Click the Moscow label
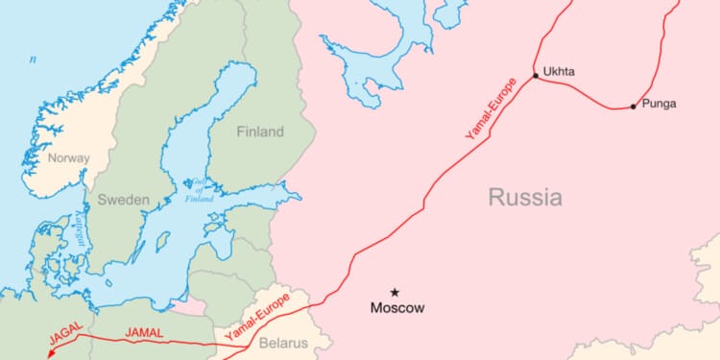pyautogui.click(x=397, y=308)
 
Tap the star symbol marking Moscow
pyautogui.click(x=395, y=292)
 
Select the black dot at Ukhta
pyautogui.click(x=536, y=75)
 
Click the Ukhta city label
pyautogui.click(x=559, y=71)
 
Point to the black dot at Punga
pyautogui.click(x=634, y=107)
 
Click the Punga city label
pyautogui.click(x=660, y=103)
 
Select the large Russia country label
pyautogui.click(x=525, y=199)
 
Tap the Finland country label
pyautogui.click(x=261, y=132)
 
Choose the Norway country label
pyautogui.click(x=69, y=158)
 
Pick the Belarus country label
pyautogui.click(x=283, y=343)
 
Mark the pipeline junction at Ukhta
pyautogui.click(x=536, y=76)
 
